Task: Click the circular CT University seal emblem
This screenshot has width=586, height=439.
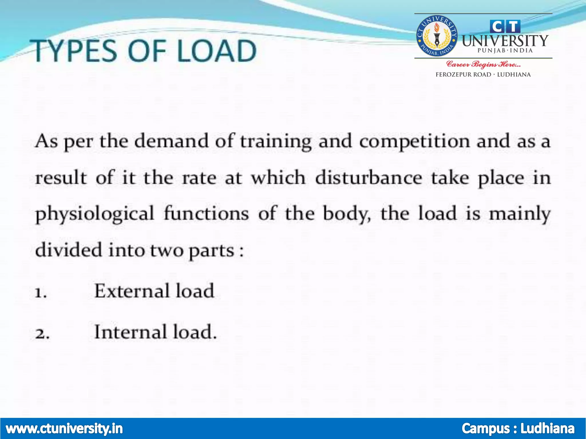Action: click(436, 36)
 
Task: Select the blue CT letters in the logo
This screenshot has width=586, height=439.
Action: click(505, 27)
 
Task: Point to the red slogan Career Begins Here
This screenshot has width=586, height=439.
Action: click(483, 64)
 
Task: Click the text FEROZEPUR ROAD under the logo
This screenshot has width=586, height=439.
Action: click(463, 75)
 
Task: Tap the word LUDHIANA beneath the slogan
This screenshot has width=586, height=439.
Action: click(514, 75)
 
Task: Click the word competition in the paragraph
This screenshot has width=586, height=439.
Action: click(414, 141)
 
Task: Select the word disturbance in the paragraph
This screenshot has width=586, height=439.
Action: click(369, 177)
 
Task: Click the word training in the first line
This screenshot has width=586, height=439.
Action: click(276, 141)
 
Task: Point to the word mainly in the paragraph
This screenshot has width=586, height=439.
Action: click(519, 214)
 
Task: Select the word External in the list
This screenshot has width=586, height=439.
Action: click(132, 291)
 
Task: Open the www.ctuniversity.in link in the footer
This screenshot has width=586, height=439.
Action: click(64, 428)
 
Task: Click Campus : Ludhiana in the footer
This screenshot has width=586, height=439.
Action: click(518, 428)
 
